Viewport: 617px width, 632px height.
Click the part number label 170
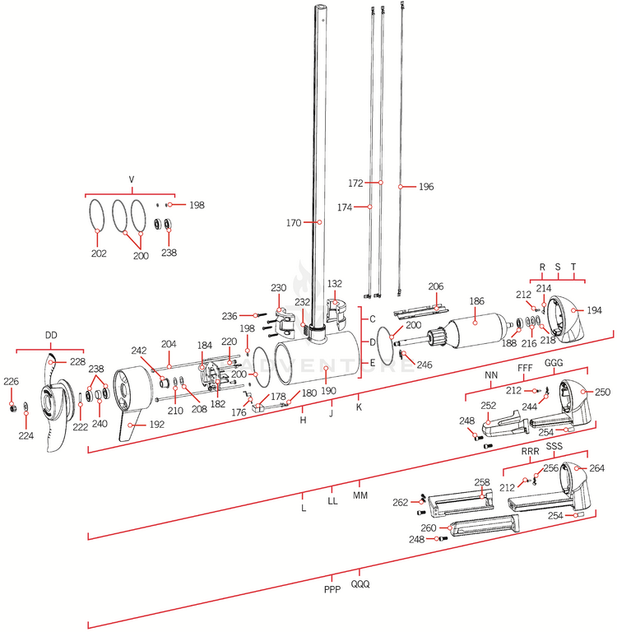pyautogui.click(x=293, y=222)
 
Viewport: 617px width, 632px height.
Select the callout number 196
pyautogui.click(x=425, y=187)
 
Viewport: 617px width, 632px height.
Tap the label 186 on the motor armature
pyautogui.click(x=476, y=302)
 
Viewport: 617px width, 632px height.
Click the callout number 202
pyautogui.click(x=99, y=254)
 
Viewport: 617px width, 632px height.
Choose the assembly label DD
pyautogui.click(x=51, y=335)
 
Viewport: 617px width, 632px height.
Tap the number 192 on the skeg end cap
pyautogui.click(x=156, y=425)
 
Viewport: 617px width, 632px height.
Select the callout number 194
pyautogui.click(x=594, y=310)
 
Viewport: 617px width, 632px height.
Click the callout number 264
pyautogui.click(x=597, y=468)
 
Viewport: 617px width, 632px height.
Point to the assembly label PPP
pyautogui.click(x=332, y=589)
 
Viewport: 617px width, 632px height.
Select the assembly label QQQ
pyautogui.click(x=360, y=584)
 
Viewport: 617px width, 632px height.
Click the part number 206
pyautogui.click(x=436, y=286)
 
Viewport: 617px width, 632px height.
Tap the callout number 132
pyautogui.click(x=335, y=284)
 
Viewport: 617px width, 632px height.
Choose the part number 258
pyautogui.click(x=482, y=482)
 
